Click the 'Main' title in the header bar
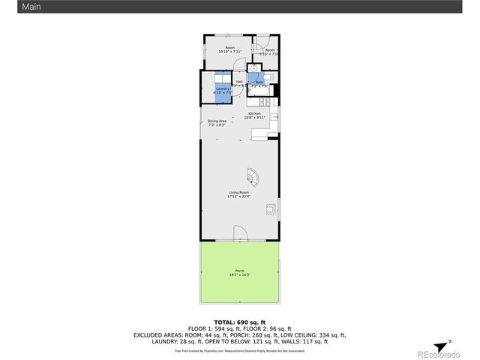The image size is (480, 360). coord(10,6)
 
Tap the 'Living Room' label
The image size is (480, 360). coord(238,192)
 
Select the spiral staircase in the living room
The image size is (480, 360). coord(255,178)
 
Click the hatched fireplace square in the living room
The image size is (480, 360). coord(270,210)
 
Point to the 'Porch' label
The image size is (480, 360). coord(239,271)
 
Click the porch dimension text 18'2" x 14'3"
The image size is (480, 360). coord(239,275)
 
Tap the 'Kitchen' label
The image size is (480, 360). coord(255,113)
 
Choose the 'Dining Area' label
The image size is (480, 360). coord(217,121)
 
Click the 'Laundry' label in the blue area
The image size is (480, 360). coord(223,88)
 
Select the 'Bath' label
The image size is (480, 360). coord(259,82)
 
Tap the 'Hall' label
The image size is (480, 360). coord(239,82)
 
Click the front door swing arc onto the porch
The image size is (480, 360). coord(238,232)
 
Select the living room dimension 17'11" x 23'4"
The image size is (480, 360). coord(238,196)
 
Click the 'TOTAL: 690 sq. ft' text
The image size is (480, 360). coord(239,321)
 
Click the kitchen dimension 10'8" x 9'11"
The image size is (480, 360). coord(255,118)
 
